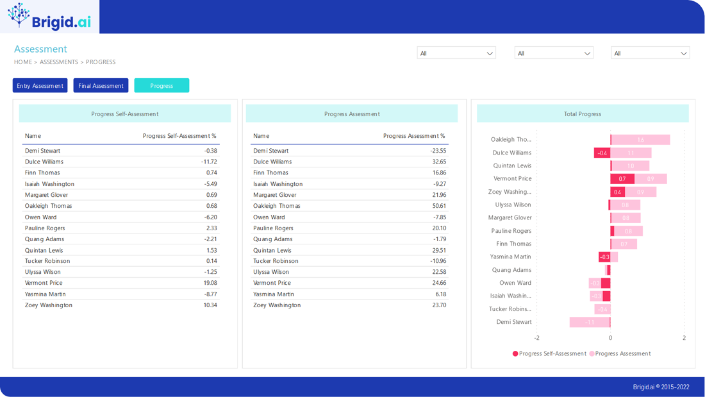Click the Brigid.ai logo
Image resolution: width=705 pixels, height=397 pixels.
pyautogui.click(x=49, y=17)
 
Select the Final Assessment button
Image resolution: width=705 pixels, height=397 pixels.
pyautogui.click(x=101, y=85)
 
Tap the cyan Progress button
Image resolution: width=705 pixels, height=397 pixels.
pyautogui.click(x=162, y=85)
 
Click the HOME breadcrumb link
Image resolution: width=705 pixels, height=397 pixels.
pyautogui.click(x=23, y=62)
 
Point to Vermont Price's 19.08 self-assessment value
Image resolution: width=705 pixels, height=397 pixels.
pyautogui.click(x=210, y=283)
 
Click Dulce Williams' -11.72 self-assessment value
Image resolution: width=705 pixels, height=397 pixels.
pyautogui.click(x=209, y=162)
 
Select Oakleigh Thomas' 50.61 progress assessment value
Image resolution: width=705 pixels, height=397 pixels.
pyautogui.click(x=439, y=206)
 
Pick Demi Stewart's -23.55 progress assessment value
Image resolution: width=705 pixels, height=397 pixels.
pyautogui.click(x=438, y=151)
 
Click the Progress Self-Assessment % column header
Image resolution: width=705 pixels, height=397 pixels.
pyautogui.click(x=179, y=136)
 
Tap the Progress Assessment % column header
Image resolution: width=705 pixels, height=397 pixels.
pyautogui.click(x=414, y=136)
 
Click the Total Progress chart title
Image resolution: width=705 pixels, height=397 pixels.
pyautogui.click(x=583, y=114)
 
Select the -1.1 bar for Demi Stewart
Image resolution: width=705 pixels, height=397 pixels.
pyautogui.click(x=590, y=322)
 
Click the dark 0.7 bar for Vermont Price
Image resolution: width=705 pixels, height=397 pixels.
pyautogui.click(x=622, y=179)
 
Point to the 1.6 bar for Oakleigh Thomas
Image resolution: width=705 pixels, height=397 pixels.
pyautogui.click(x=640, y=140)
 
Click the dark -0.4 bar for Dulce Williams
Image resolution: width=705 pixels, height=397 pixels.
pyautogui.click(x=602, y=153)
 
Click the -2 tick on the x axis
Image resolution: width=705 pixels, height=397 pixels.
pyautogui.click(x=537, y=338)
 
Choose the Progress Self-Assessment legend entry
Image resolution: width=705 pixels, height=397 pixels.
pyautogui.click(x=549, y=353)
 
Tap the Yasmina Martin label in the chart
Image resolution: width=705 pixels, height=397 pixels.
pyautogui.click(x=511, y=257)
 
